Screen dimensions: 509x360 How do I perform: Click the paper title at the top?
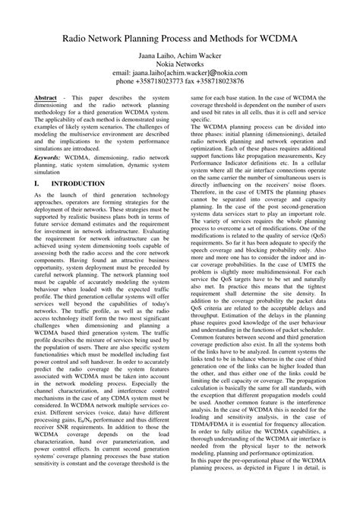[179, 34]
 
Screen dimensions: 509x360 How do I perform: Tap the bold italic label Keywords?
[51, 156]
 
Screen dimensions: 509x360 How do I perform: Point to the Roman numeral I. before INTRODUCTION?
[38, 184]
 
